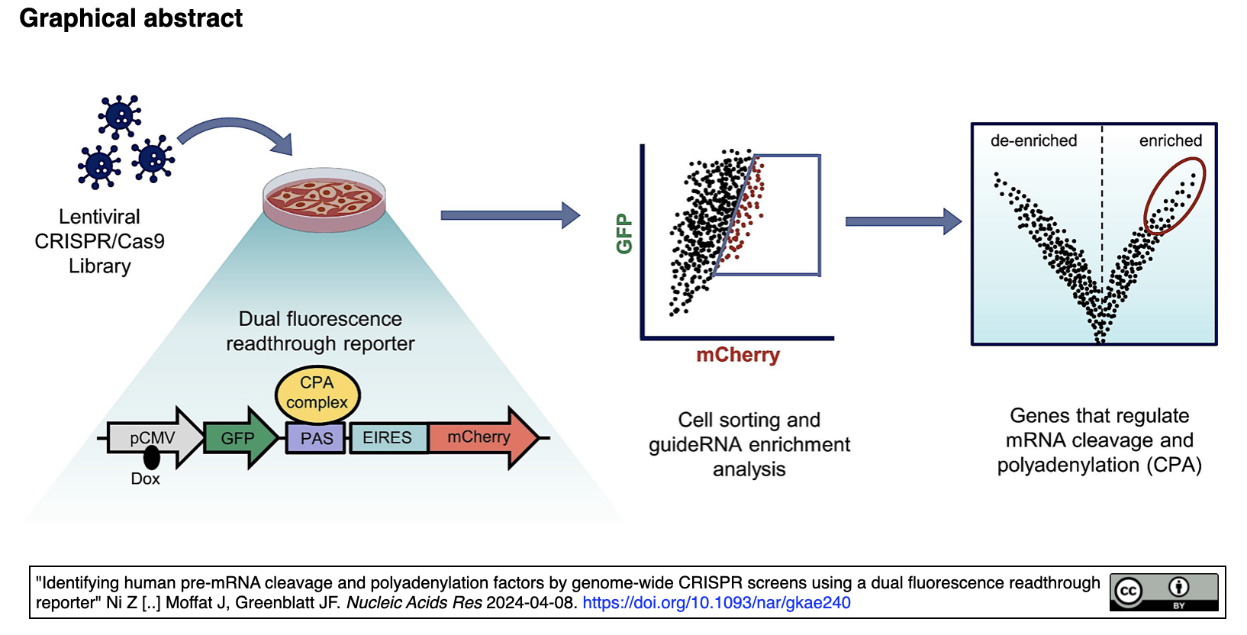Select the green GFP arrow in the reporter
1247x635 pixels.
click(x=240, y=438)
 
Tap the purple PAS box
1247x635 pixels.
click(x=316, y=438)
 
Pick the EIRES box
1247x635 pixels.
click(x=388, y=438)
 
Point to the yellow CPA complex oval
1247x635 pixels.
click(x=317, y=394)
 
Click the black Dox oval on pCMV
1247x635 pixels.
click(x=151, y=457)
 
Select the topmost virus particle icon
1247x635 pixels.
click(x=119, y=116)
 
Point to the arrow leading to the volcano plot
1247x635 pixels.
click(x=904, y=221)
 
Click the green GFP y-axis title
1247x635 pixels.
click(x=624, y=234)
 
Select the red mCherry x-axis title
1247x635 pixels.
click(x=738, y=354)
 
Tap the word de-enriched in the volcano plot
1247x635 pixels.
click(x=1033, y=140)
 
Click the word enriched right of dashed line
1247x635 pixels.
click(x=1170, y=140)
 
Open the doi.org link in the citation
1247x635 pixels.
click(x=717, y=603)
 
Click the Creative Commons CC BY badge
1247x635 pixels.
click(x=1164, y=592)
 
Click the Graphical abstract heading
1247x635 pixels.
click(x=130, y=18)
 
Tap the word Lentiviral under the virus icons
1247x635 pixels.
click(x=100, y=217)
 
